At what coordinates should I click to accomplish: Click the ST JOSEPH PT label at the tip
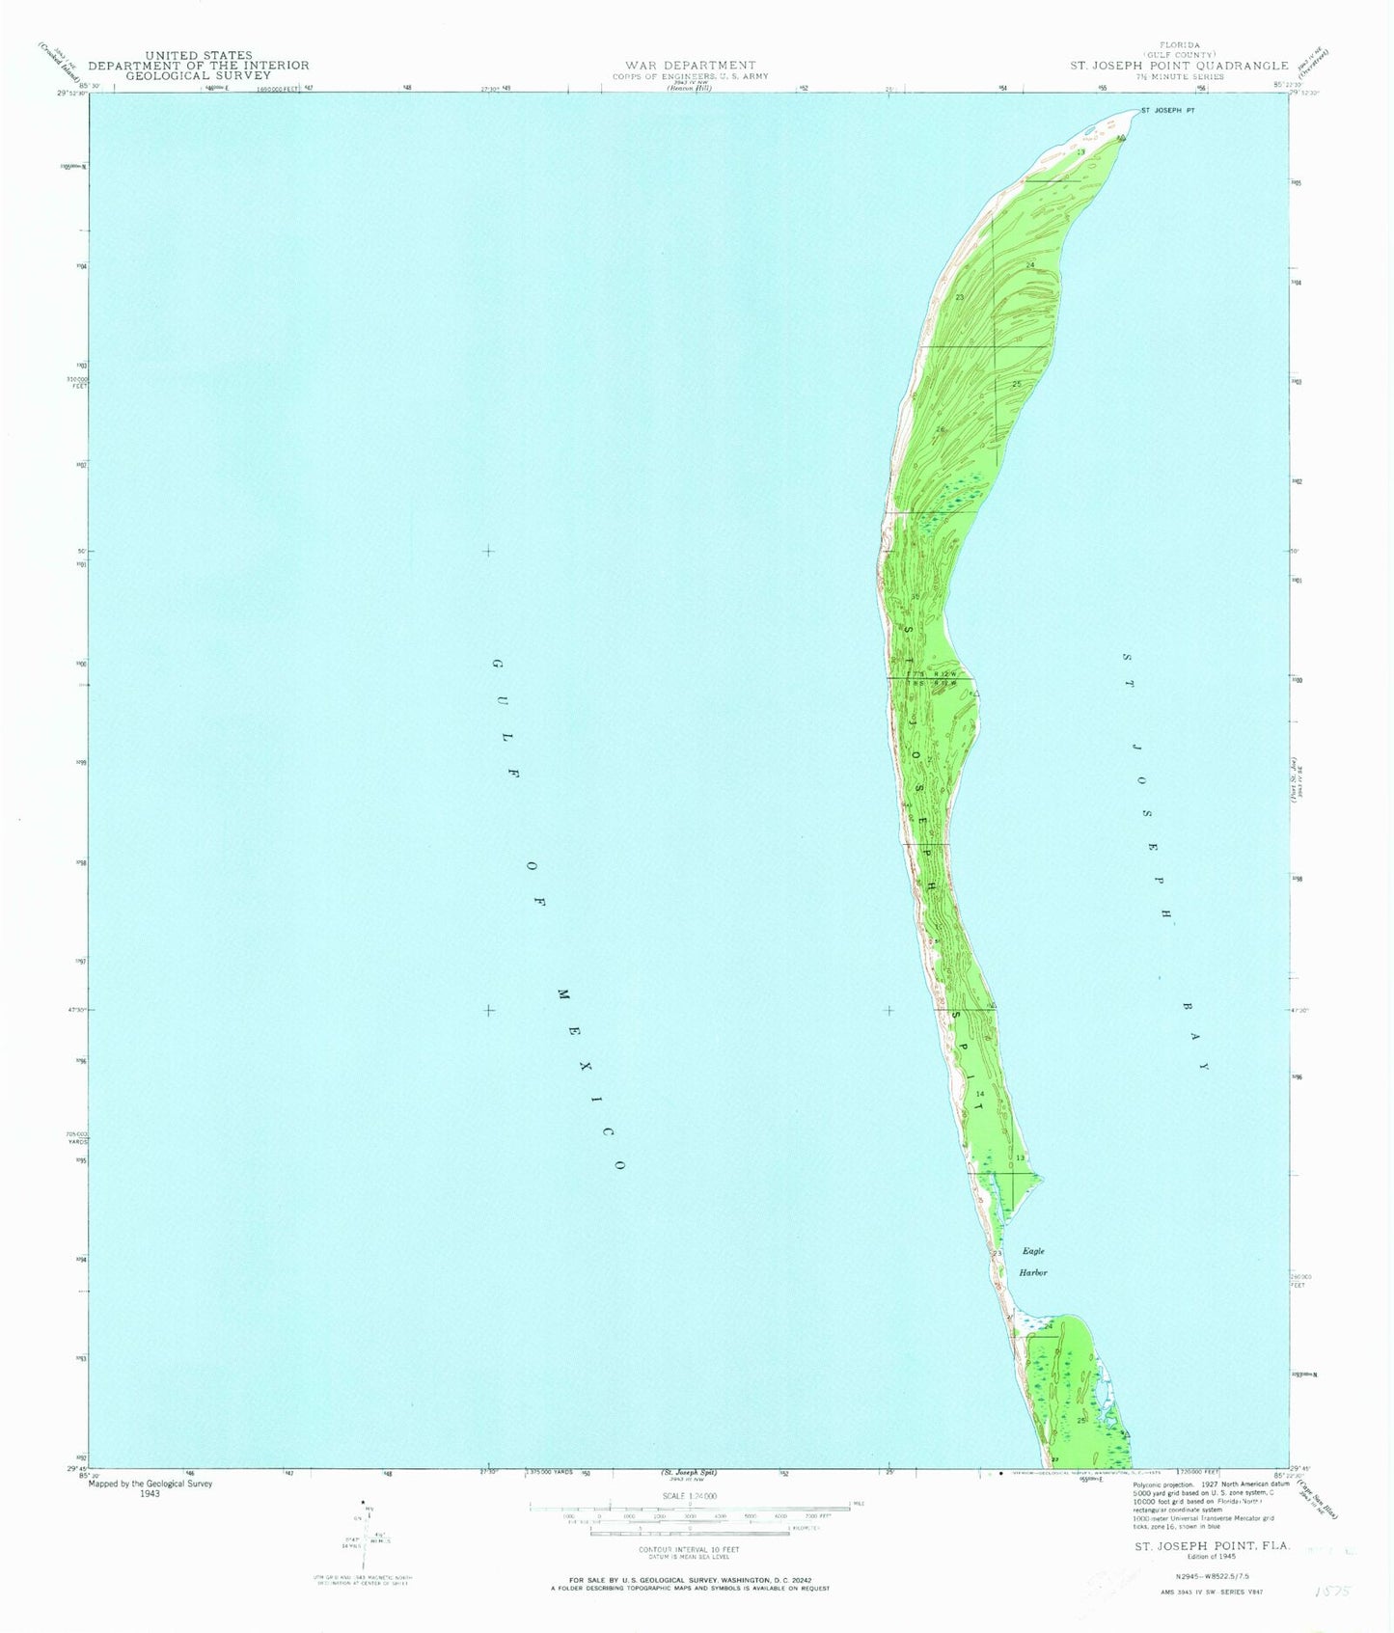click(1168, 111)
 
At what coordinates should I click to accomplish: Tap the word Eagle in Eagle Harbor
click(1033, 1251)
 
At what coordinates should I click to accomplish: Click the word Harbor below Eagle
click(1033, 1272)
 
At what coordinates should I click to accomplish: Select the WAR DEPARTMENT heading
click(683, 66)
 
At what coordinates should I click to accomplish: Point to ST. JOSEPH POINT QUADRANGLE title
click(1179, 66)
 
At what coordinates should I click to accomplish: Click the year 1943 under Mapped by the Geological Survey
click(151, 1494)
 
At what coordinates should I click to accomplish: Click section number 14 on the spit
click(979, 1093)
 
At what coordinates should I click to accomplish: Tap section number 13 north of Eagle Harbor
click(1020, 1157)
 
